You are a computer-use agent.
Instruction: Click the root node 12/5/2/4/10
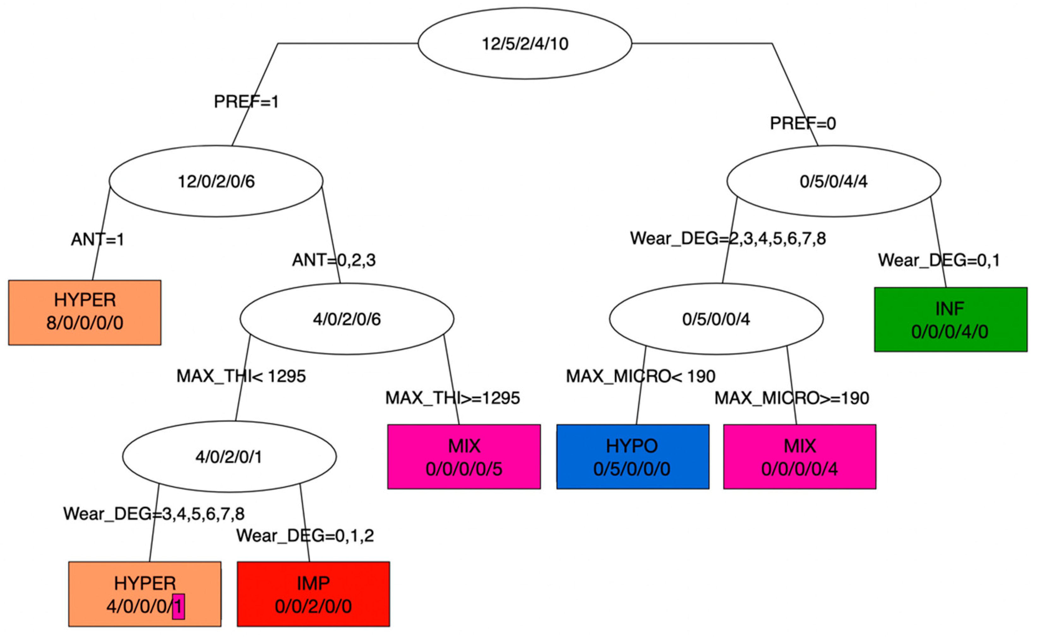pyautogui.click(x=525, y=44)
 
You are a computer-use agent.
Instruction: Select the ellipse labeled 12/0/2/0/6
pyautogui.click(x=216, y=181)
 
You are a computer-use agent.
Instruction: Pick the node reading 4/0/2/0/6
pyautogui.click(x=347, y=319)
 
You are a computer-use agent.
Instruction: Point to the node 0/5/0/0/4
pyautogui.click(x=716, y=319)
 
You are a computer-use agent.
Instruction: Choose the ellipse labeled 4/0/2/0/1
pyautogui.click(x=229, y=457)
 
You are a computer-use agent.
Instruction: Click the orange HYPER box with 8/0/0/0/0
pyautogui.click(x=84, y=312)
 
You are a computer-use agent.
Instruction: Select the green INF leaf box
pyautogui.click(x=951, y=319)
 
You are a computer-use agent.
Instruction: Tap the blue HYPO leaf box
pyautogui.click(x=632, y=457)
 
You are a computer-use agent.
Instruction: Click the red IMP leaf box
pyautogui.click(x=313, y=594)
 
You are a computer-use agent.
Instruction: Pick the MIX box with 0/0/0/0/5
pyautogui.click(x=464, y=457)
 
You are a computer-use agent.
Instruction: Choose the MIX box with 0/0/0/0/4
pyautogui.click(x=799, y=457)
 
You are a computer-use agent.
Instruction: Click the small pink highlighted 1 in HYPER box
pyautogui.click(x=178, y=606)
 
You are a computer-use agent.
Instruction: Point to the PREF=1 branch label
pyautogui.click(x=246, y=102)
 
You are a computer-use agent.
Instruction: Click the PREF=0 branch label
pyautogui.click(x=803, y=123)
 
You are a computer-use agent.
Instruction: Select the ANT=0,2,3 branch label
pyautogui.click(x=334, y=260)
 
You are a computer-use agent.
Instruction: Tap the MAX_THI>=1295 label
pyautogui.click(x=452, y=398)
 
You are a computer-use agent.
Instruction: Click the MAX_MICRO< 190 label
pyautogui.click(x=641, y=376)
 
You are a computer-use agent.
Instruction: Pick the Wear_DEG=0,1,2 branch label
pyautogui.click(x=305, y=536)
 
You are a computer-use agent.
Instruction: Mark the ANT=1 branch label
pyautogui.click(x=98, y=239)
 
